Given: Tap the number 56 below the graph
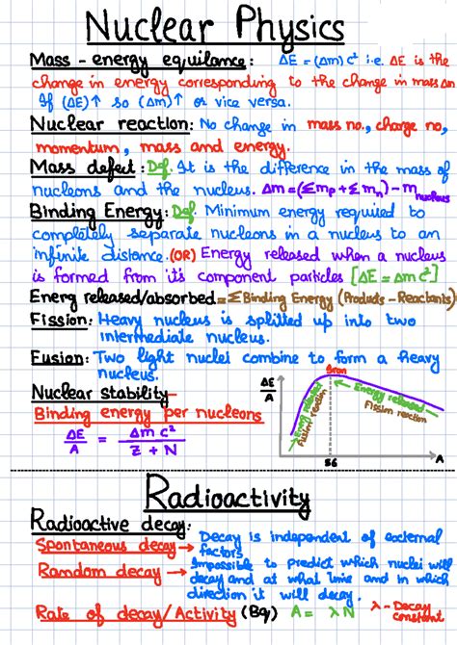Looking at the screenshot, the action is [331, 463].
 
